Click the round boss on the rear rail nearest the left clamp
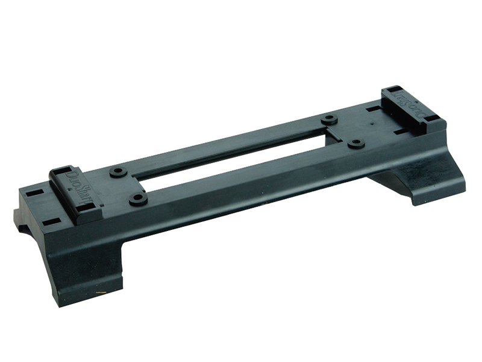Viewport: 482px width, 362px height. point(118,172)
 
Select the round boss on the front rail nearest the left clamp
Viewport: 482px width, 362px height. point(138,198)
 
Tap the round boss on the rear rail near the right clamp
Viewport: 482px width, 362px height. point(329,119)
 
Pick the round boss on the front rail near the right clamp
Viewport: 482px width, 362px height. point(355,144)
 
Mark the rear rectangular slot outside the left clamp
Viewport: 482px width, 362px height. point(34,194)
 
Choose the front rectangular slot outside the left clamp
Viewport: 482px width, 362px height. point(51,221)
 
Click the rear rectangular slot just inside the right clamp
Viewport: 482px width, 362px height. point(374,109)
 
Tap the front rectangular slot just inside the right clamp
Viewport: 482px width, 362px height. point(399,131)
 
